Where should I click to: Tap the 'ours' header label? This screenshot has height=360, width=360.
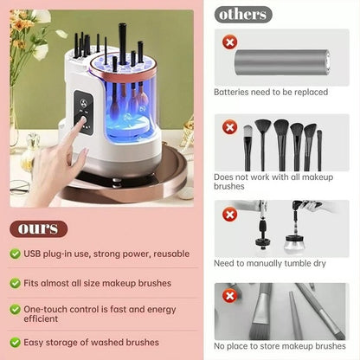point(39,228)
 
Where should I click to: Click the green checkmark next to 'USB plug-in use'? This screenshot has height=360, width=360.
point(16,254)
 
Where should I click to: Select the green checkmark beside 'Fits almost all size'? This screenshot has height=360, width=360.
point(16,282)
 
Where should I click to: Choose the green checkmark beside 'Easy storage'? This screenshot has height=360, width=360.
point(16,342)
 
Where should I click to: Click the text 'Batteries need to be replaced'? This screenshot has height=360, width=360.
point(270,91)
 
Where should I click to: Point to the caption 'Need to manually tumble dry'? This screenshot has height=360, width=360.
point(270,262)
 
